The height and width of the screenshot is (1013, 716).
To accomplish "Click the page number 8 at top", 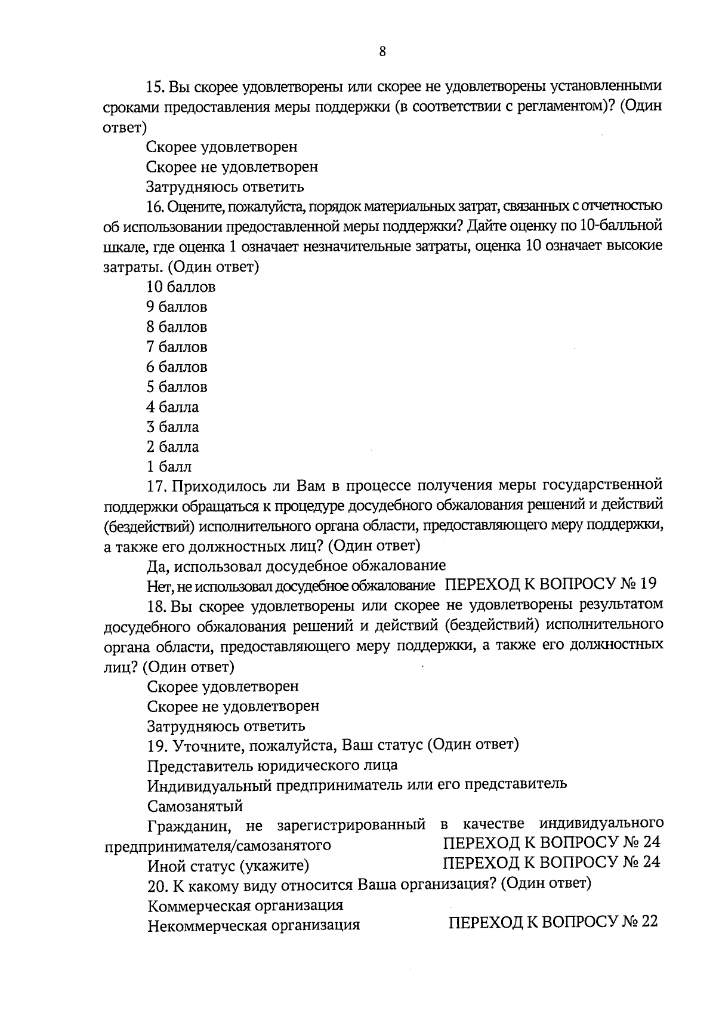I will (x=382, y=52).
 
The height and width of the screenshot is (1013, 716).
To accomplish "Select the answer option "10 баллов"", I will (x=181, y=287).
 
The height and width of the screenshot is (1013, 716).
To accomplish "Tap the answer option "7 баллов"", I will (x=177, y=347).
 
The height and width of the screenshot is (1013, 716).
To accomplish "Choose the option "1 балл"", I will (x=169, y=467).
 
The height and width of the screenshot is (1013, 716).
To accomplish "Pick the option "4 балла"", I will (x=173, y=407).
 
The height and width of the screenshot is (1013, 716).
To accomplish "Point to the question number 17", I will (x=157, y=486).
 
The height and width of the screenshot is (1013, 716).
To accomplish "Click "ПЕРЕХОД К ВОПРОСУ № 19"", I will (x=551, y=584).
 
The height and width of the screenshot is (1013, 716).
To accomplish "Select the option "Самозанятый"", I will (x=195, y=806).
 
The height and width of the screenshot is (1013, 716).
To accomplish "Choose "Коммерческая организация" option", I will (x=245, y=906).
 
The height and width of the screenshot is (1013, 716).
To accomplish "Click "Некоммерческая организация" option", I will (x=254, y=926).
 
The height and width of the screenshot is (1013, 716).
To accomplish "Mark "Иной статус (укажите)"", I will (x=228, y=866).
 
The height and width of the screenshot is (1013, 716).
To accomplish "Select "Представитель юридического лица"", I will (x=272, y=766).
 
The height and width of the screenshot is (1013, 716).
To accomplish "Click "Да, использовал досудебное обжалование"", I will (x=297, y=565).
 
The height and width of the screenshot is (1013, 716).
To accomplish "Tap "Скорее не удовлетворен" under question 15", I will (x=232, y=167).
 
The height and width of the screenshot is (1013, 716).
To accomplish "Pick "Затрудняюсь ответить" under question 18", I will (x=226, y=726).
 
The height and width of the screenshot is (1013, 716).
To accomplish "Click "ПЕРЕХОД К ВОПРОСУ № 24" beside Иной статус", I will (x=551, y=863).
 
